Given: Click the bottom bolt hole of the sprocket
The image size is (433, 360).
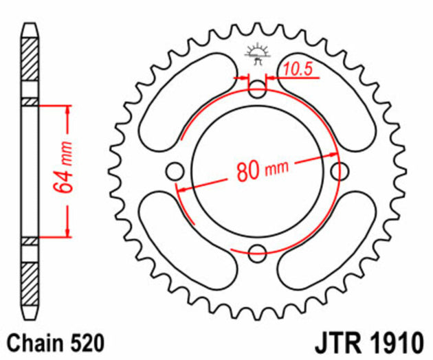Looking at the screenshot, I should (257, 253).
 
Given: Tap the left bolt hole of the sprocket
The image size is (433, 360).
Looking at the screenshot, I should (175, 170).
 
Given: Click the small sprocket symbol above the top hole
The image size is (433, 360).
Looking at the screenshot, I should (257, 54).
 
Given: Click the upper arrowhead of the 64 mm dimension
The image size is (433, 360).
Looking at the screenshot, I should (68, 110).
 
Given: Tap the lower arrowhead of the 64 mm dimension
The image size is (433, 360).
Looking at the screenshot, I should (68, 232).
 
